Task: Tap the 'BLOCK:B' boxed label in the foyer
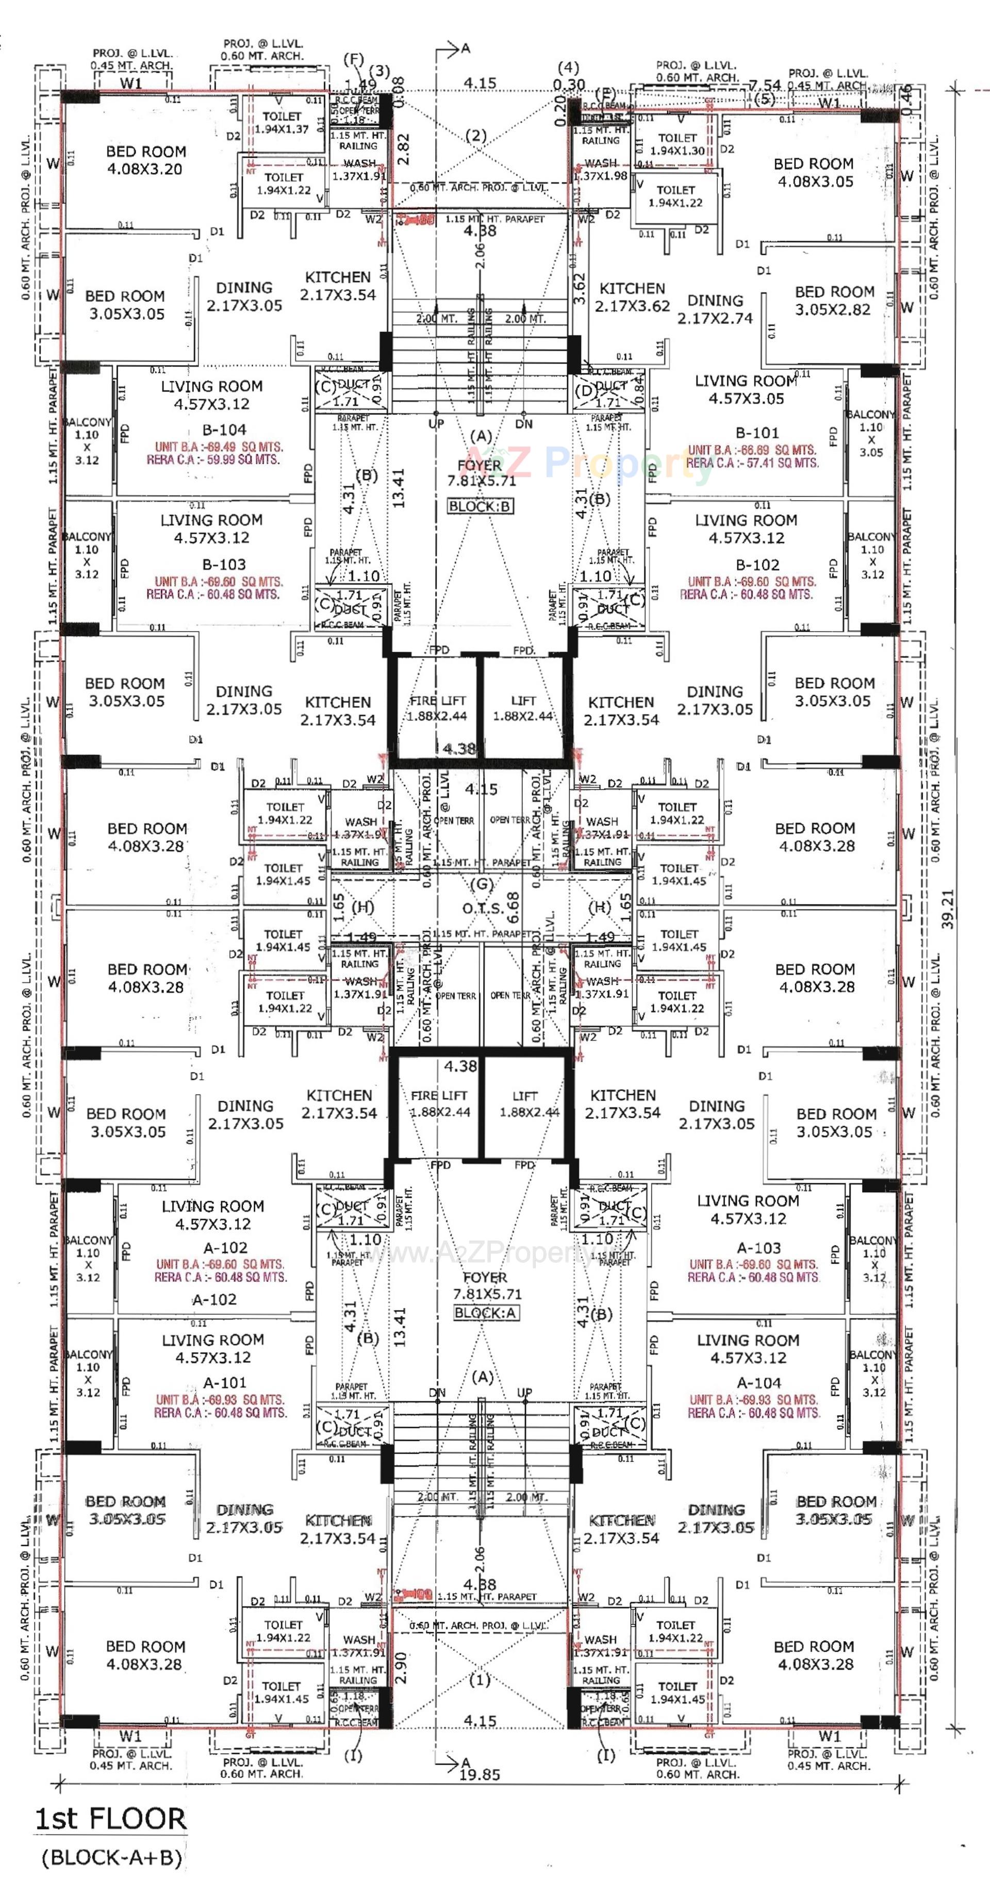[x=480, y=506]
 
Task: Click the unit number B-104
[x=224, y=430]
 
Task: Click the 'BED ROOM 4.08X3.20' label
[x=145, y=160]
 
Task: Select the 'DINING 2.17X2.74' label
[x=715, y=309]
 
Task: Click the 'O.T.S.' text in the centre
[x=482, y=908]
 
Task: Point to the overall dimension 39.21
[x=948, y=908]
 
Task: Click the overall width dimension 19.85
[x=480, y=1775]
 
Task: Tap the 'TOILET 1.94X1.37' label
[x=282, y=122]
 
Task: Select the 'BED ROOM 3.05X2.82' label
[x=834, y=300]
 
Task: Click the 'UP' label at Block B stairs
[x=436, y=423]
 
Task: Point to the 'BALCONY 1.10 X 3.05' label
[x=870, y=433]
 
